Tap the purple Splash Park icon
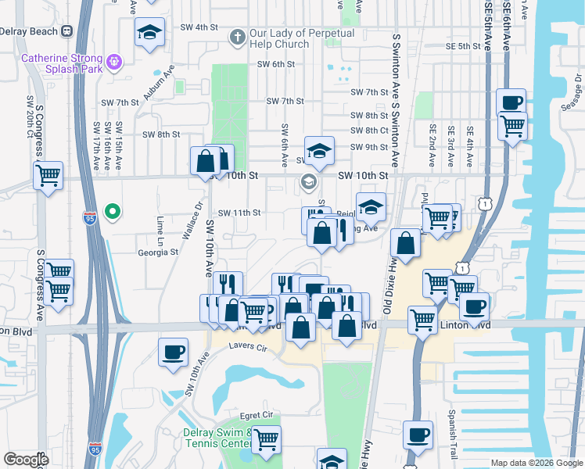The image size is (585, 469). click(114, 59)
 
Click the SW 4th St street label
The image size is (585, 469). click(196, 27)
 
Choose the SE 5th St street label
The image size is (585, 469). click(458, 46)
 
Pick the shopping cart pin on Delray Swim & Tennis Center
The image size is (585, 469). click(266, 439)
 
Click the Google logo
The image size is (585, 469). click(26, 460)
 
